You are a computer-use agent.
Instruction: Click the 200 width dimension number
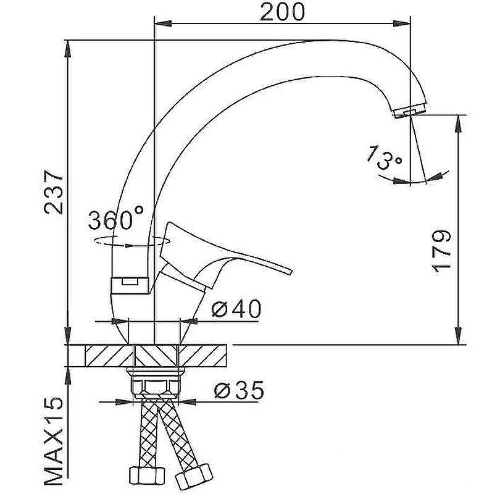click(x=282, y=12)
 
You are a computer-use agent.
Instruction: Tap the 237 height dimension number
click(x=54, y=192)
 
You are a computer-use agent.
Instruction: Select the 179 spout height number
click(x=441, y=251)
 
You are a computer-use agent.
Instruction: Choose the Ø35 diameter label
click(x=239, y=390)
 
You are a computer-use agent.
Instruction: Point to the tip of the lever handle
click(x=290, y=272)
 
